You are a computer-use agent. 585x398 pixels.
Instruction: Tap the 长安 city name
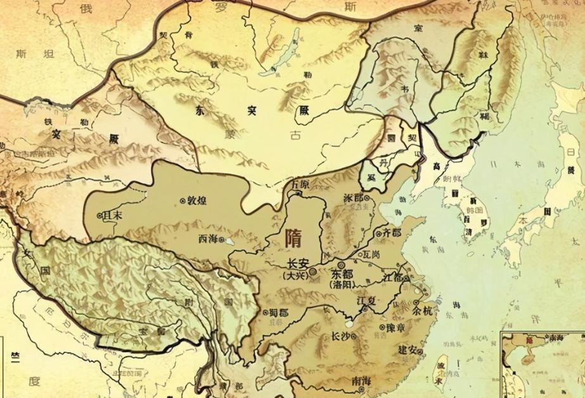pos(297,264)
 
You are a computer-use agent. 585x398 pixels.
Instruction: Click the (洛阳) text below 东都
pos(342,285)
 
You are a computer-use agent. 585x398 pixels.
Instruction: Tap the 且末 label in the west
pos(113,215)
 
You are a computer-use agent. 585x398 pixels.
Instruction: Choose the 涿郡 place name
pos(352,197)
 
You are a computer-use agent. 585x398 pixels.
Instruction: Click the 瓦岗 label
pos(371,255)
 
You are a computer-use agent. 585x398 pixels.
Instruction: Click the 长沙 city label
pos(333,336)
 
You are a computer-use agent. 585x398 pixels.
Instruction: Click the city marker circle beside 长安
pos(313,271)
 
